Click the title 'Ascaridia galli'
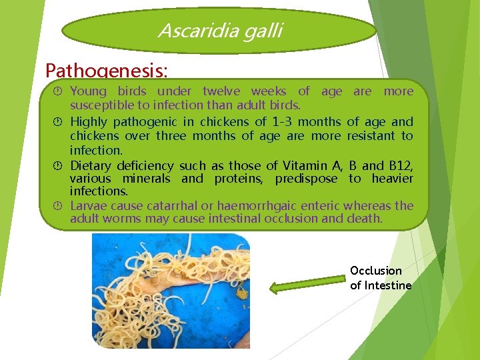coord(220,30)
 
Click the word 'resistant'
coord(371,135)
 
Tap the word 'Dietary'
coord(91,165)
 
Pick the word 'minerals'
coord(148,179)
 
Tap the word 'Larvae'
coord(87,206)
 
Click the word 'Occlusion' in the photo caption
coord(376,271)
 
